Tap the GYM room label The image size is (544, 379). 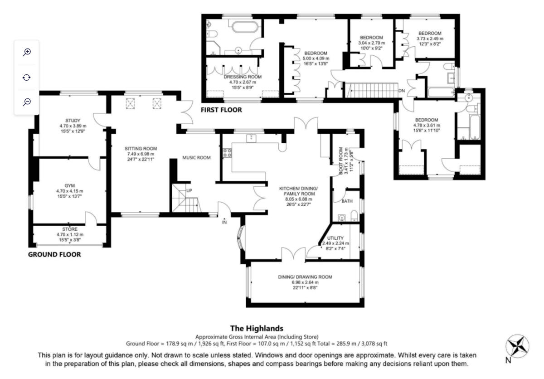(69, 186)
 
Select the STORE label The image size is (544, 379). (70, 229)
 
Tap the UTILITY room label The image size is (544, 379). (335, 238)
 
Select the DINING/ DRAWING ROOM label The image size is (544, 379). (305, 277)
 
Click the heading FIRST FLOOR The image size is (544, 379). (222, 110)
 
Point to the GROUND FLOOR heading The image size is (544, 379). (54, 255)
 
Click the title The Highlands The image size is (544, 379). (257, 328)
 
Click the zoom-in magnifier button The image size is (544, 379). (27, 52)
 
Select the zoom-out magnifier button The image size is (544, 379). (27, 102)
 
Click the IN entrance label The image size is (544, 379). (224, 223)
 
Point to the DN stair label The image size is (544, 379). (401, 91)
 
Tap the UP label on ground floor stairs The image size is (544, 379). (189, 190)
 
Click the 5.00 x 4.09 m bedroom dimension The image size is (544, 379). (316, 58)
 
